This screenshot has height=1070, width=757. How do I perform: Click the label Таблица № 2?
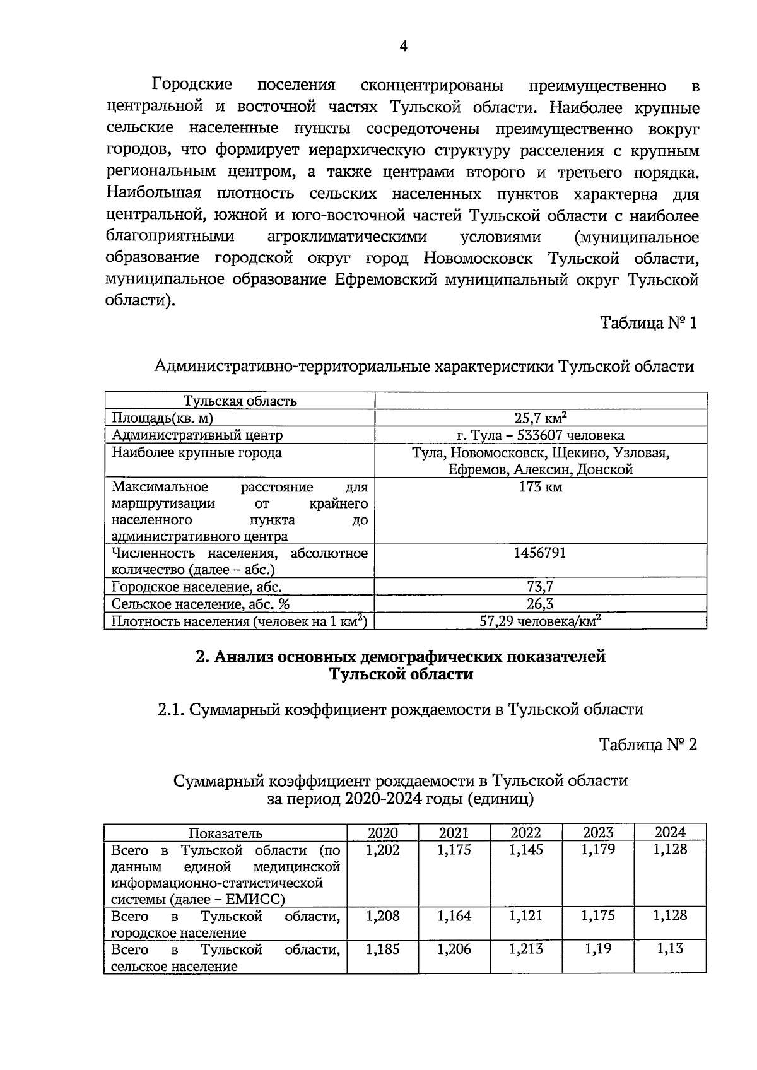click(648, 744)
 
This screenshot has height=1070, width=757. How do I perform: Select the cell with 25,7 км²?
click(540, 417)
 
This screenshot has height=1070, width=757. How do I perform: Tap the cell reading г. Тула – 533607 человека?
click(540, 435)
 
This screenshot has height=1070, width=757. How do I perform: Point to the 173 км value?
click(540, 487)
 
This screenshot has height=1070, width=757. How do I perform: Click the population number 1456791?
click(540, 553)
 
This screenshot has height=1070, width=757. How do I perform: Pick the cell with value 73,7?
click(540, 587)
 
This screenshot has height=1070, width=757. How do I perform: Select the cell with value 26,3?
click(540, 604)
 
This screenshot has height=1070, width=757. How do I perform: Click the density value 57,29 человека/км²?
click(540, 621)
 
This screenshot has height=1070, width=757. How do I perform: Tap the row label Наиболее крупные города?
click(196, 452)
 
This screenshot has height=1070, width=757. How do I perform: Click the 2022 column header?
click(525, 832)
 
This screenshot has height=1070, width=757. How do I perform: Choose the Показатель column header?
click(225, 833)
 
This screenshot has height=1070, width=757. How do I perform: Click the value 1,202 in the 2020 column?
click(382, 850)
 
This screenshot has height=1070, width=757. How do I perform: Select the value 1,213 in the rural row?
click(525, 949)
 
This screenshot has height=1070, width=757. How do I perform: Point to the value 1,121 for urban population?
click(525, 915)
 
